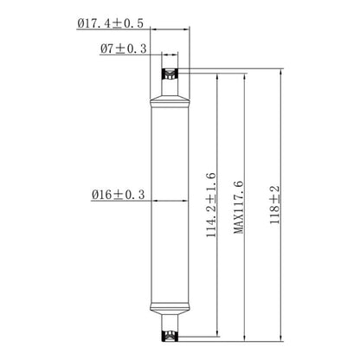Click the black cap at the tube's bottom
click(x=170, y=331)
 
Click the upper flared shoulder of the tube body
click(x=170, y=105)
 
